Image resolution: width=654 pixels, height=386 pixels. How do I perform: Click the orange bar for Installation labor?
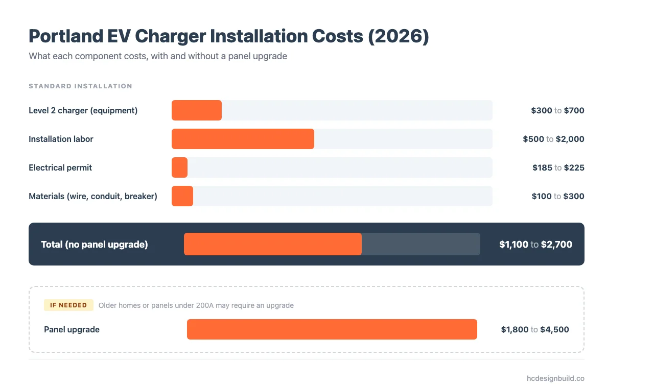[x=243, y=139]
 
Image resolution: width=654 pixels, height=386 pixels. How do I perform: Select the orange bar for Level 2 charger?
[x=197, y=110]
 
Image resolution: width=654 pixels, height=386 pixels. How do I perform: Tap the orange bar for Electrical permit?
[x=179, y=167]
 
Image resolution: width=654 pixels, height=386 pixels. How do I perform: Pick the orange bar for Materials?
[x=182, y=196]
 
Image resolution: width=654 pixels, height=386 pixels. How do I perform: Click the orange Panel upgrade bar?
[x=332, y=329]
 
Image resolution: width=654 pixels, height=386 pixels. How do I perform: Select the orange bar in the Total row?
[x=273, y=244]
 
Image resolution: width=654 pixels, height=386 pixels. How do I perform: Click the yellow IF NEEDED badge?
[x=68, y=305]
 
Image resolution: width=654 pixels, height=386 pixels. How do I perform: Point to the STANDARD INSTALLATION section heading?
[x=80, y=86]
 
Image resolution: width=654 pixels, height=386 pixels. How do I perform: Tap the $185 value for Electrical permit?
[x=542, y=167]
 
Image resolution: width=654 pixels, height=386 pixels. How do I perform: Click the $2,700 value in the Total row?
[x=556, y=245]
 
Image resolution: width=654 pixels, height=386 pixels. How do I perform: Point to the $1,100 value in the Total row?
[x=513, y=245]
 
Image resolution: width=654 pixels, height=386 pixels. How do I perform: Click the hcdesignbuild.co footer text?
[x=555, y=378]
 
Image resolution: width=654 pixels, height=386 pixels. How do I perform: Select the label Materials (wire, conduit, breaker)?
[x=93, y=196]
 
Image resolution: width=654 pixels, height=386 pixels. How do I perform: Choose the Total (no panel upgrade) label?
[x=95, y=245]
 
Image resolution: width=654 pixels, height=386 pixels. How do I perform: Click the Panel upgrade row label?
[x=72, y=329]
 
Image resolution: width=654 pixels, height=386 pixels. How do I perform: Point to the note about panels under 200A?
[x=196, y=305]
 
